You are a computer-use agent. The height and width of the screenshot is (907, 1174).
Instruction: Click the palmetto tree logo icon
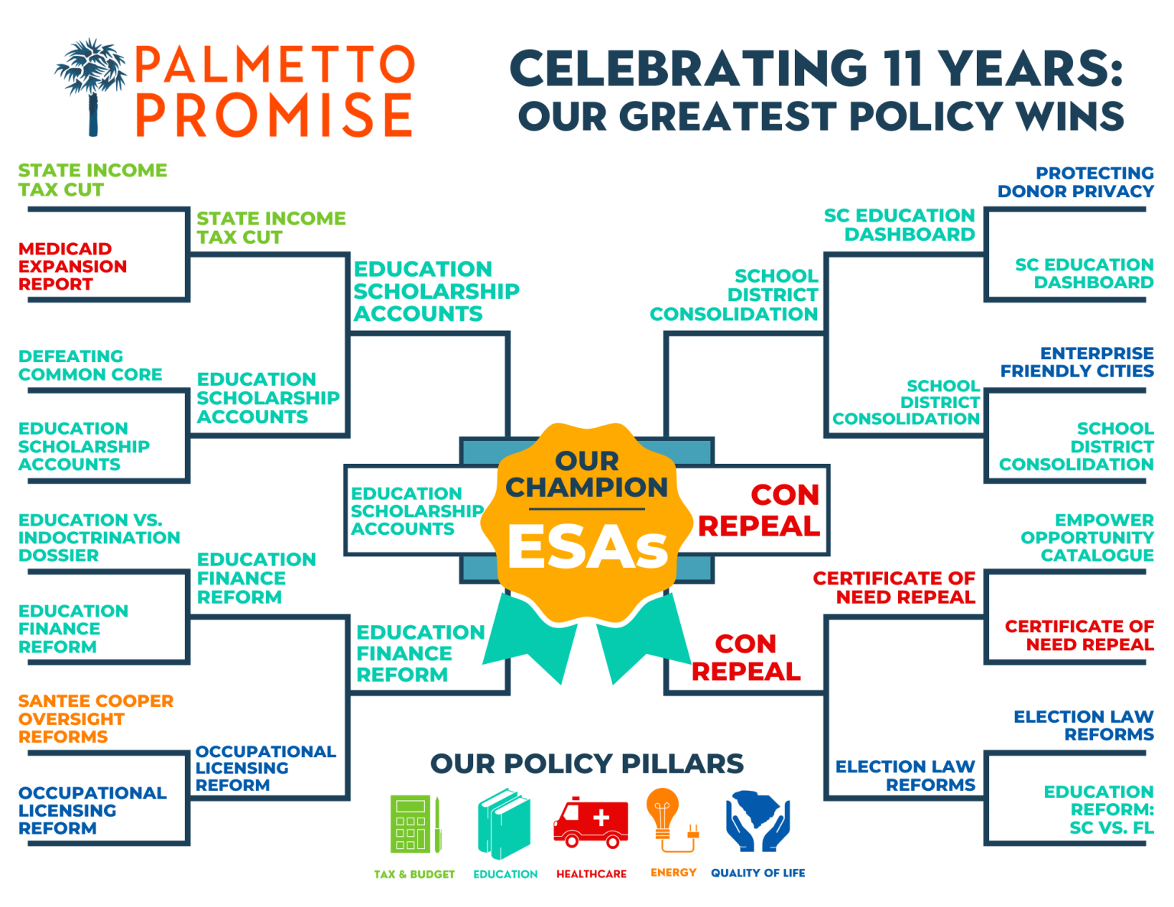point(91,86)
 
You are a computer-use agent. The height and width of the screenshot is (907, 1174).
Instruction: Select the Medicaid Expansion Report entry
point(73,266)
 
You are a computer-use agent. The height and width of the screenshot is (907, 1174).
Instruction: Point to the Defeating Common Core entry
point(90,365)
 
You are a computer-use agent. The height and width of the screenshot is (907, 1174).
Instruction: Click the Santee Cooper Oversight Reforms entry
point(96,718)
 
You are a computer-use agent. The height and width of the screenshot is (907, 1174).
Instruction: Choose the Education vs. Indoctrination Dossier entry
point(99,537)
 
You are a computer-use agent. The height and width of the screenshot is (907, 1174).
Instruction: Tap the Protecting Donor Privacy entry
point(1075,182)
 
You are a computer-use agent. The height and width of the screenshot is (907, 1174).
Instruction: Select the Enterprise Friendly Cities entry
point(1077,361)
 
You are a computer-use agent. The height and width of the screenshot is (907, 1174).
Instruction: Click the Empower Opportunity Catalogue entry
point(1087,537)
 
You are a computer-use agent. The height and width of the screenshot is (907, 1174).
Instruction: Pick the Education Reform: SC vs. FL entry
point(1098,809)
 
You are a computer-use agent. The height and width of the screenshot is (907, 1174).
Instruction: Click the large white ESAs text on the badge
point(588,547)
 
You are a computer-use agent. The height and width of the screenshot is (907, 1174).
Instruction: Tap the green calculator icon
point(415,824)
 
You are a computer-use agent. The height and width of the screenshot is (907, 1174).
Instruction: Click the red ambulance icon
point(591,822)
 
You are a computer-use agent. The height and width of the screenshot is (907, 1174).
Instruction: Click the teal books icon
point(504,823)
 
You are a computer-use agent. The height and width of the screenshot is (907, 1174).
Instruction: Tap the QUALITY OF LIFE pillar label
point(757,873)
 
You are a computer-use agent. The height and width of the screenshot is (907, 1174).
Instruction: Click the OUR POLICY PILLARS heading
point(587,764)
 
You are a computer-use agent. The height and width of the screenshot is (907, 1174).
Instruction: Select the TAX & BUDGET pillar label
point(414,874)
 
